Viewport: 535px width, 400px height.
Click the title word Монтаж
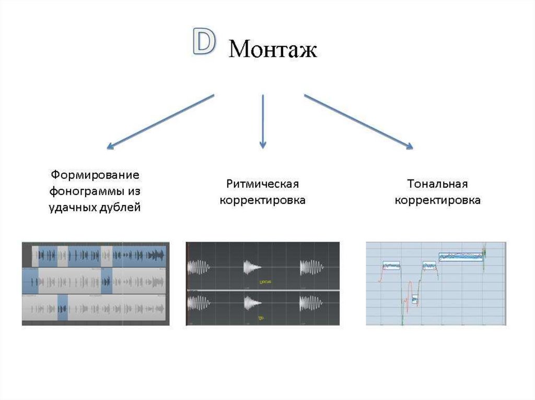coord(273,50)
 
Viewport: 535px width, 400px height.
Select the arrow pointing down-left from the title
coord(160,122)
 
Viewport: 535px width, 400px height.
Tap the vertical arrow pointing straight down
coord(263,120)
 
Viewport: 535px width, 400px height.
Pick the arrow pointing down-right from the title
coord(358,122)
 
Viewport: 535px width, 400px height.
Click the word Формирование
coord(95,174)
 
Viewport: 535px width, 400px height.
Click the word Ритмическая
coord(262,184)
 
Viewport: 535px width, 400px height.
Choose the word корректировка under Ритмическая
coord(262,201)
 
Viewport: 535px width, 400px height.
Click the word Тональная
coord(437,184)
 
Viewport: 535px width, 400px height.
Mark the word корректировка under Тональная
coord(437,201)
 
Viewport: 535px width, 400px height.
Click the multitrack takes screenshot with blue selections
coord(96,284)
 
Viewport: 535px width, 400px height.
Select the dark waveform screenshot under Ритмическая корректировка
coord(263,284)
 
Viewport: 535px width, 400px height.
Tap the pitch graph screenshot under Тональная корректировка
coord(436,284)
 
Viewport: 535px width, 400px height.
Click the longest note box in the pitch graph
coord(459,256)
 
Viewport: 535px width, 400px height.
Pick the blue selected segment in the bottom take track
coord(63,308)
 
